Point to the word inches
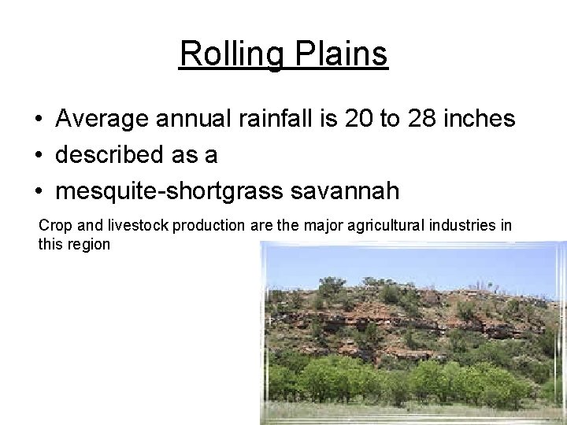pyautogui.click(x=481, y=120)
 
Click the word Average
pyautogui.click(x=102, y=120)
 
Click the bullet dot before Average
pyautogui.click(x=38, y=120)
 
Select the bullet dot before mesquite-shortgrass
pyautogui.click(x=38, y=191)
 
